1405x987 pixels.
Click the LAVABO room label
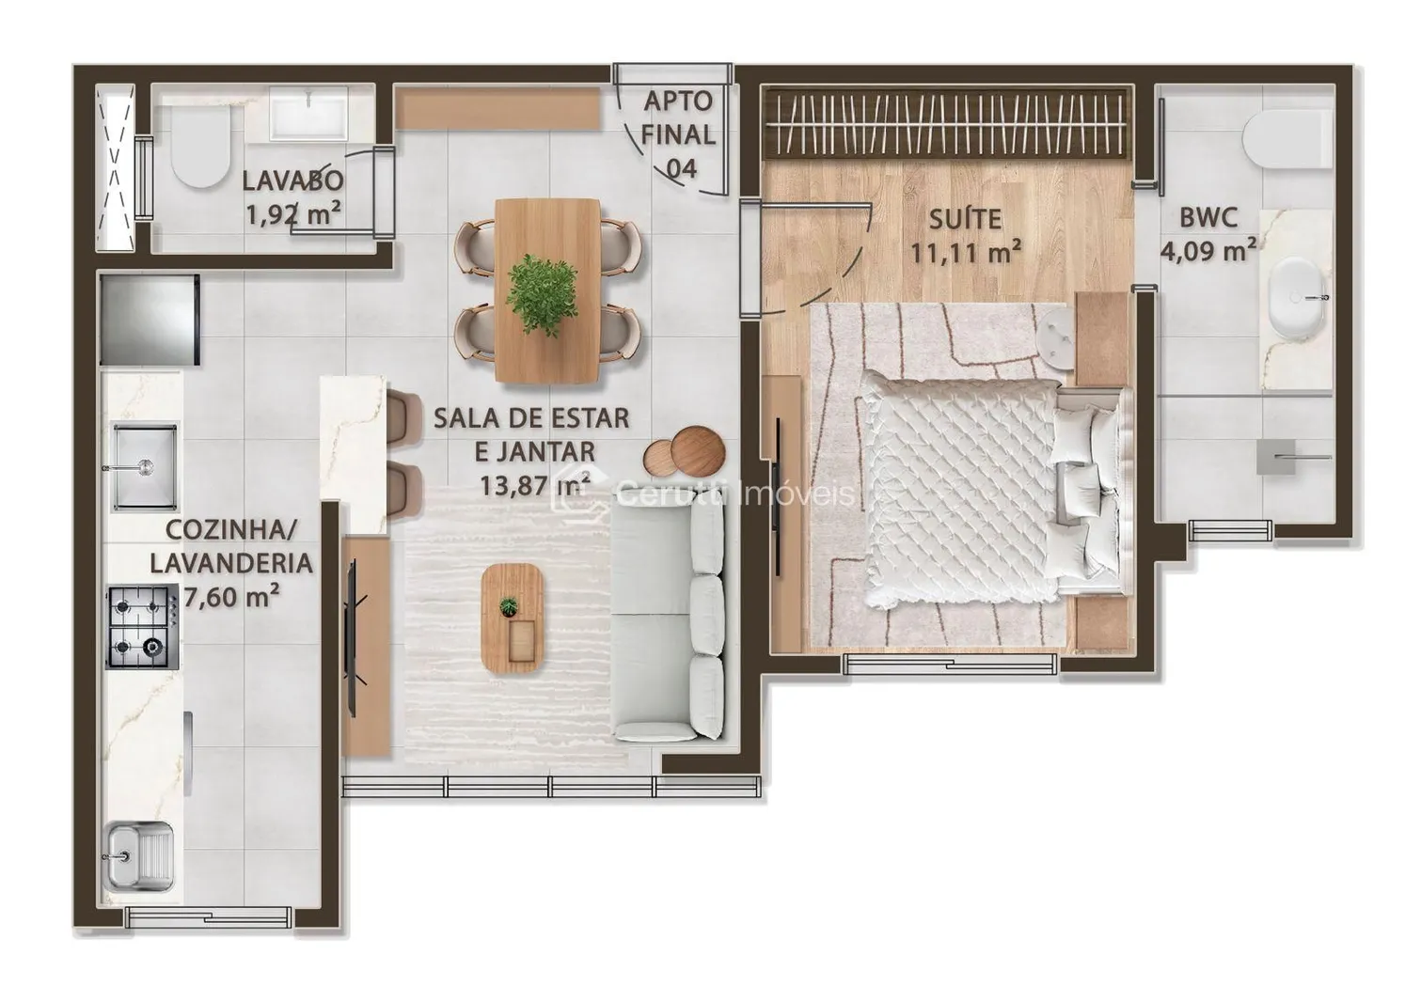tap(292, 180)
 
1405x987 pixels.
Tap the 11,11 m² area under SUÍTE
tap(965, 254)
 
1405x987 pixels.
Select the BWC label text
tap(1208, 217)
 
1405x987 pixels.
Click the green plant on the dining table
tap(543, 294)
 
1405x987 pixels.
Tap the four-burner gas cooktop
tap(142, 626)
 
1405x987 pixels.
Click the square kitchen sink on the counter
tap(144, 466)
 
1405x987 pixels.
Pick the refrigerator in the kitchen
tap(150, 320)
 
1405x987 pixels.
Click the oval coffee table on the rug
tap(513, 619)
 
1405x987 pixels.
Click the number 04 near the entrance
tap(681, 168)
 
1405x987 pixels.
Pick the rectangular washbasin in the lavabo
tap(308, 113)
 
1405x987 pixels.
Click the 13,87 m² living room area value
tap(534, 485)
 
